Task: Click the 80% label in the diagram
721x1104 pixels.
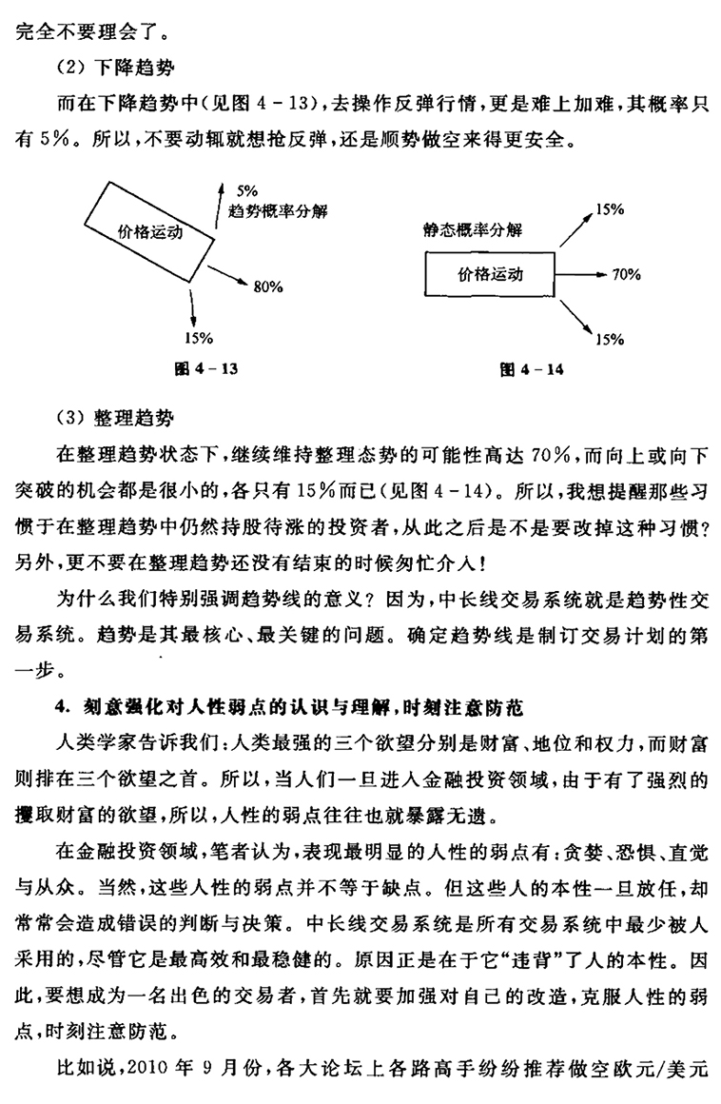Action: point(268,285)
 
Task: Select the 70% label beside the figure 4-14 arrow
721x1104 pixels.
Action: point(627,275)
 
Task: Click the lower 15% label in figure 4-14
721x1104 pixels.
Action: point(610,338)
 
